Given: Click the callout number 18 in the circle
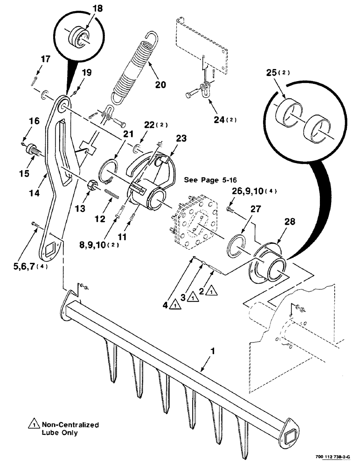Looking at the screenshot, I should click(x=87, y=9).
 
